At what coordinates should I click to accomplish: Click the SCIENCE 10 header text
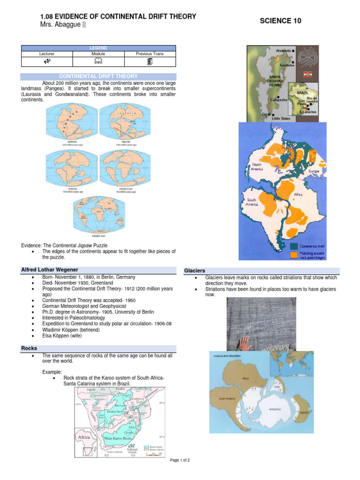point(280,21)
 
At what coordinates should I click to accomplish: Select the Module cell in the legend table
point(98,54)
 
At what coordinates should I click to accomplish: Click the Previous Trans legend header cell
point(150,54)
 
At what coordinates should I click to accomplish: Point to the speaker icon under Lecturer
point(47,61)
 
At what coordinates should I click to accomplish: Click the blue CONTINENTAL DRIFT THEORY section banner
point(98,76)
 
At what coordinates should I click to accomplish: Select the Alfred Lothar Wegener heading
point(50,270)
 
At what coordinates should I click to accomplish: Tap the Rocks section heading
point(29,348)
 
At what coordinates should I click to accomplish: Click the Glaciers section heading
point(195,270)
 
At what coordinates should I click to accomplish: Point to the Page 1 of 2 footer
point(180,460)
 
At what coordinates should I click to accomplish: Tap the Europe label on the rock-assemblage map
point(314,172)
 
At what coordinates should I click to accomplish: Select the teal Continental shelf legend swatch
point(294,246)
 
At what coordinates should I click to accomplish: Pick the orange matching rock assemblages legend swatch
point(294,255)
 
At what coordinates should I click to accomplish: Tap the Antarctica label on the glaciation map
point(275,409)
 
